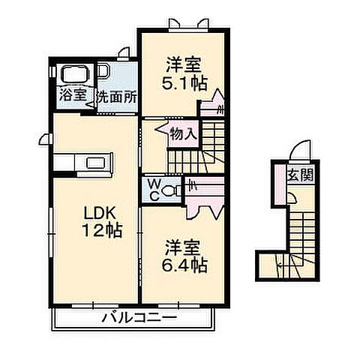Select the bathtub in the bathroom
coord(73,75)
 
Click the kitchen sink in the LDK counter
coord(98,161)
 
